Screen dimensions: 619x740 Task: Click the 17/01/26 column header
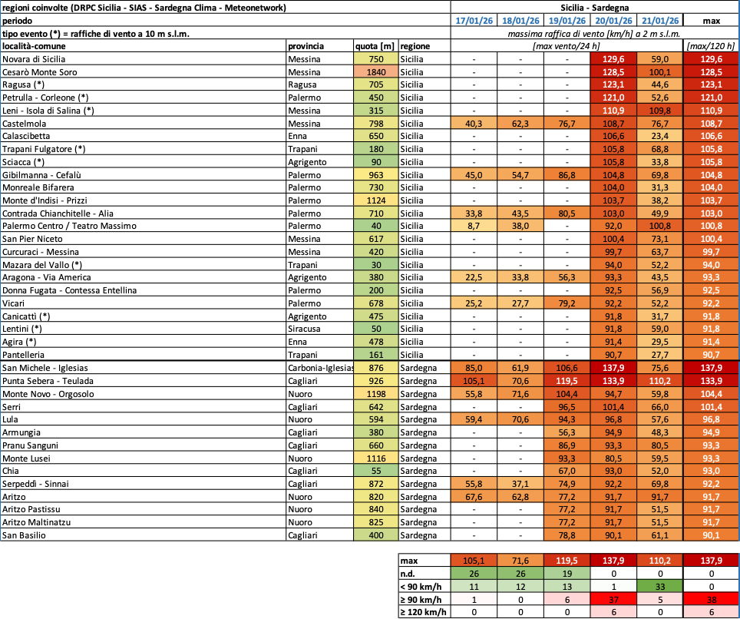coord(474,21)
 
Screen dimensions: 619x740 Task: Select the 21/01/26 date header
coord(660,21)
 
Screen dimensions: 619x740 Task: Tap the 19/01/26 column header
coord(567,21)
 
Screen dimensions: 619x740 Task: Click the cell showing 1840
coord(376,71)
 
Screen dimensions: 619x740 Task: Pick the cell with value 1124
coord(376,200)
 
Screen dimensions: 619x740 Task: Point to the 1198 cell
coord(376,393)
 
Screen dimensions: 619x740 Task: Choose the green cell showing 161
coord(376,354)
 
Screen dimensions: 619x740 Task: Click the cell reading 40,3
coord(474,123)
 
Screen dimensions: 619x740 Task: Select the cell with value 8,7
coord(474,226)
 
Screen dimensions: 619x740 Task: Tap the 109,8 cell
coord(660,111)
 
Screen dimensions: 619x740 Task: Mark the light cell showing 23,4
coord(660,136)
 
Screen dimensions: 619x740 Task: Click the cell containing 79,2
coord(567,303)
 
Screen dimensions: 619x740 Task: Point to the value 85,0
coord(474,367)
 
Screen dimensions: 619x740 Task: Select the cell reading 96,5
coord(567,406)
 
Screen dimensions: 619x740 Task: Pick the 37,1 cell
coord(520,483)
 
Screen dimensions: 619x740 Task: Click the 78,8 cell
coord(567,535)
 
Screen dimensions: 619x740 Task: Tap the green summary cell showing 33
coord(660,586)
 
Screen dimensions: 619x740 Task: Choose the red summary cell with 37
coord(613,599)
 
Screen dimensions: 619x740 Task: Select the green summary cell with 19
coord(567,573)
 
